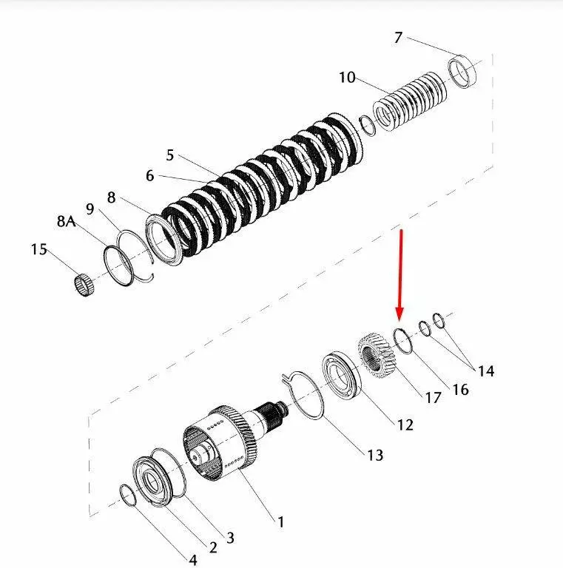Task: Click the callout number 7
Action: tap(398, 37)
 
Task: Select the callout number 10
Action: tap(347, 77)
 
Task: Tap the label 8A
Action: tap(66, 221)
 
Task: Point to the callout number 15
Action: tap(38, 249)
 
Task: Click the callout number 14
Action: tap(486, 371)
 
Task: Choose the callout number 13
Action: tap(375, 456)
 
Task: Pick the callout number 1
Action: tap(280, 522)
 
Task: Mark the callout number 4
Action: tap(193, 560)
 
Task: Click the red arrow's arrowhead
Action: tap(400, 314)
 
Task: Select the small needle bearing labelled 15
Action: tap(84, 284)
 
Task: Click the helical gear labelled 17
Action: tap(377, 356)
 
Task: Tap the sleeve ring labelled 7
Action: tap(462, 71)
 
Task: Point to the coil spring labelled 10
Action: tap(410, 102)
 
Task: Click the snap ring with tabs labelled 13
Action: tap(303, 395)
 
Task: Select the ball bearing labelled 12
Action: tap(342, 373)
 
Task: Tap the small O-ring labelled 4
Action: tap(128, 495)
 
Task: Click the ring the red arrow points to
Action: tap(403, 341)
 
